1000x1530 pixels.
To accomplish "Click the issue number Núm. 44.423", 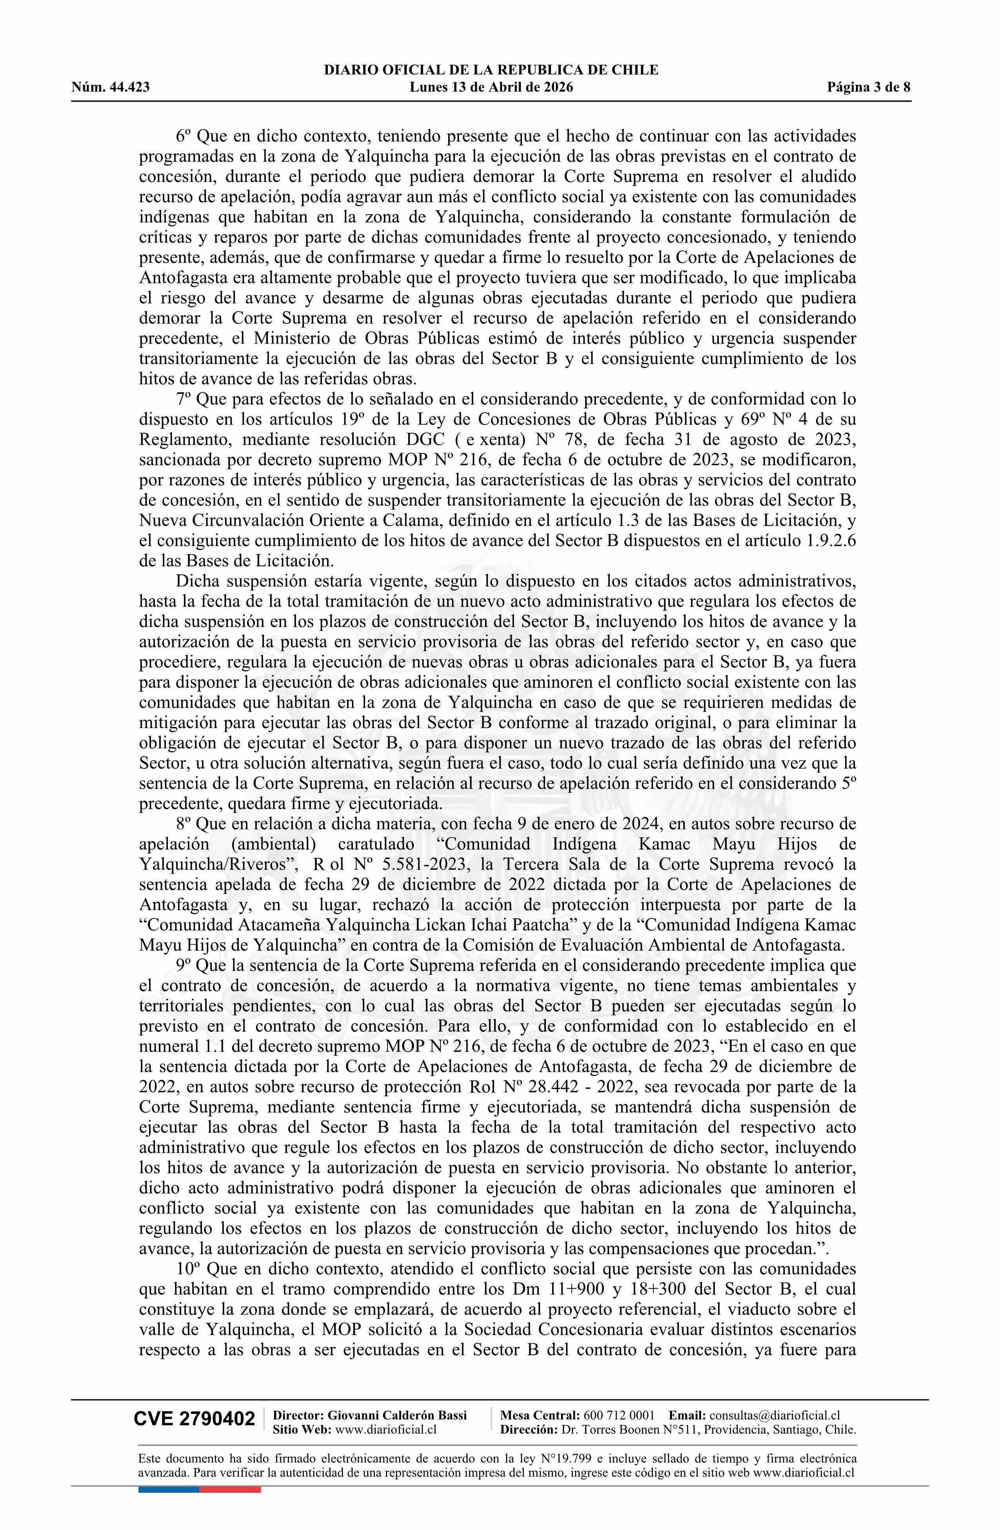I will pyautogui.click(x=111, y=87).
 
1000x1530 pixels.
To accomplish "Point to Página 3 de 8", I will pyautogui.click(x=869, y=87).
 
